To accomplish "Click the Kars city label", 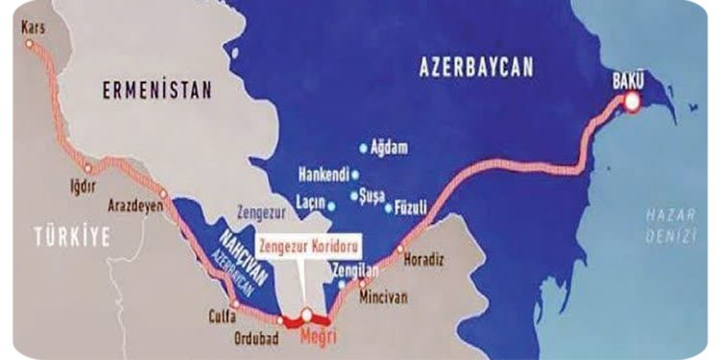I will pos(32,29).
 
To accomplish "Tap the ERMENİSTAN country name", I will pos(156,91).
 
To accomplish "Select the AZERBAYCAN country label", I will pos(476,66).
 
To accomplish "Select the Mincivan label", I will pos(384,299).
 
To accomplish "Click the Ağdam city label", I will pos(390,148).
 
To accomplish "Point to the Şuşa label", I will pos(371,195).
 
